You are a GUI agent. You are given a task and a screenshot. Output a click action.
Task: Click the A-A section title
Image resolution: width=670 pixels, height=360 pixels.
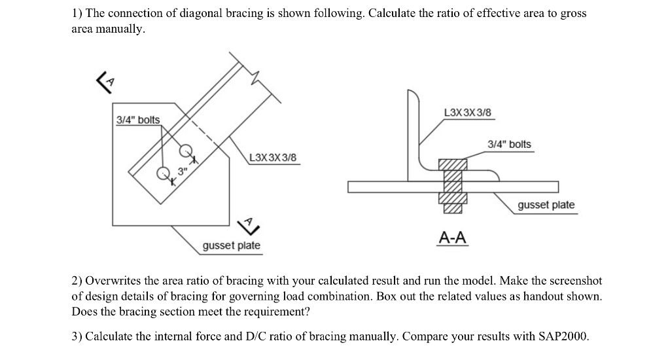click(x=453, y=236)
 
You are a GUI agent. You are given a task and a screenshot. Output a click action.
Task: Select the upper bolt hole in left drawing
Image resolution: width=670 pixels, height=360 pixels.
click(x=186, y=150)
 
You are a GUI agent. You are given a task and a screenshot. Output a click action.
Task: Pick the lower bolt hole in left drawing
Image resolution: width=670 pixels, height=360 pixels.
click(x=163, y=174)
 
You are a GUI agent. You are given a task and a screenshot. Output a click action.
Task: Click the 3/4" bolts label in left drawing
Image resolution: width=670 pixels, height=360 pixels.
click(x=137, y=120)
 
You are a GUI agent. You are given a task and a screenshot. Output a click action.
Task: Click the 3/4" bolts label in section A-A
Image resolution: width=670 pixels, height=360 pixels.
click(x=510, y=144)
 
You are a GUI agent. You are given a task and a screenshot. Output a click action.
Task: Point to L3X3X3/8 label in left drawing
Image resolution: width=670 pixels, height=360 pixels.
click(x=273, y=158)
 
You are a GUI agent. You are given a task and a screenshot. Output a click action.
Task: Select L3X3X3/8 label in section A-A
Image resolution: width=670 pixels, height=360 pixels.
click(x=467, y=113)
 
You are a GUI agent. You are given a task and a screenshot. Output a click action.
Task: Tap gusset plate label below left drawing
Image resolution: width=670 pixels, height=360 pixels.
click(x=231, y=245)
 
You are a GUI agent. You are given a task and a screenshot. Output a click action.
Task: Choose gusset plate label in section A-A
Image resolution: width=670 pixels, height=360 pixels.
click(x=546, y=205)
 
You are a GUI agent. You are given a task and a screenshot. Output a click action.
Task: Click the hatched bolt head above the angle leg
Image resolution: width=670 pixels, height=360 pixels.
click(x=452, y=164)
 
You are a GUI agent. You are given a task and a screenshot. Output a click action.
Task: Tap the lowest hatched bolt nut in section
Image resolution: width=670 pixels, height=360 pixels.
click(x=452, y=208)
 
